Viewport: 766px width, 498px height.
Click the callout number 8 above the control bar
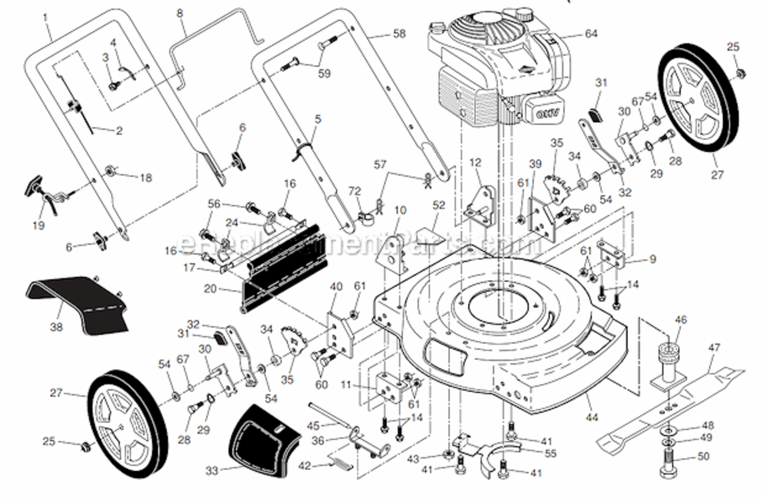tap(180, 12)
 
